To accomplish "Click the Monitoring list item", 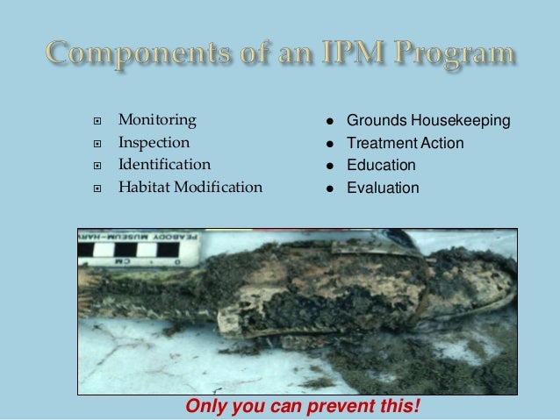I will point(157,119).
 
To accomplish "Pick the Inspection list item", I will point(154,141).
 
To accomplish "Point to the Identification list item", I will point(164,164).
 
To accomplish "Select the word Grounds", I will point(372,120).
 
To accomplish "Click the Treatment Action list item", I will point(405,143).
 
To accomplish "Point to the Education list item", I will point(381,165).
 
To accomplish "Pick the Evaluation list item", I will point(383,188).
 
